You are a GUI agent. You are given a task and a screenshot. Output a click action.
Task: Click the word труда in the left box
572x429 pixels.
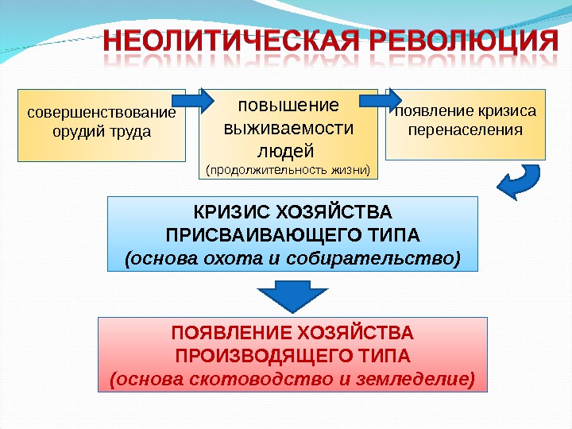click(131, 130)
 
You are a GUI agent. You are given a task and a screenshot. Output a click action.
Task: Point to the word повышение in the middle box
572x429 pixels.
click(288, 106)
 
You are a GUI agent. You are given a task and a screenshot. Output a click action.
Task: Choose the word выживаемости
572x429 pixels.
click(288, 128)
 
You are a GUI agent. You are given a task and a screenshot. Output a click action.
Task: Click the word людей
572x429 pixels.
click(288, 150)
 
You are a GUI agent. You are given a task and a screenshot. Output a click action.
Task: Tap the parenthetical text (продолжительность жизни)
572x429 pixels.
click(288, 169)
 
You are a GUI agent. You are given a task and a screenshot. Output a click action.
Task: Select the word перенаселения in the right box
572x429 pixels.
click(466, 129)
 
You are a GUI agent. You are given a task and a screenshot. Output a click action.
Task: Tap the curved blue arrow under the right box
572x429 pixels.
click(520, 182)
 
